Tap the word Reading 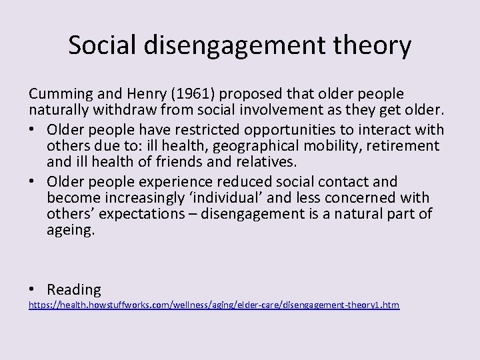pos(74,289)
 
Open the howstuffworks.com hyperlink pos(213,305)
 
